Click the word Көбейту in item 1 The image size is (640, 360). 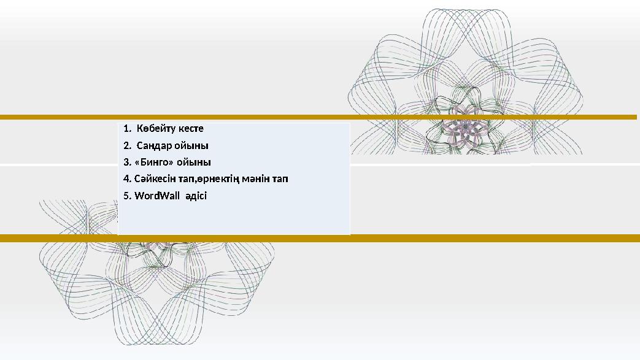(156, 129)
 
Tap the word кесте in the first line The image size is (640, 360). (191, 129)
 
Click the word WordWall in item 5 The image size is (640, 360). (157, 196)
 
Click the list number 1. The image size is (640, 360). (127, 129)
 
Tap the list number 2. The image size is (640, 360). (127, 146)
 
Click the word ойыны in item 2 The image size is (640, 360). (191, 146)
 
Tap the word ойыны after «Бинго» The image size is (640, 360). (194, 163)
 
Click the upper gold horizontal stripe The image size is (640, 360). (318, 117)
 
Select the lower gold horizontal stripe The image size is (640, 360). (320, 238)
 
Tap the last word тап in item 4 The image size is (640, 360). (280, 179)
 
